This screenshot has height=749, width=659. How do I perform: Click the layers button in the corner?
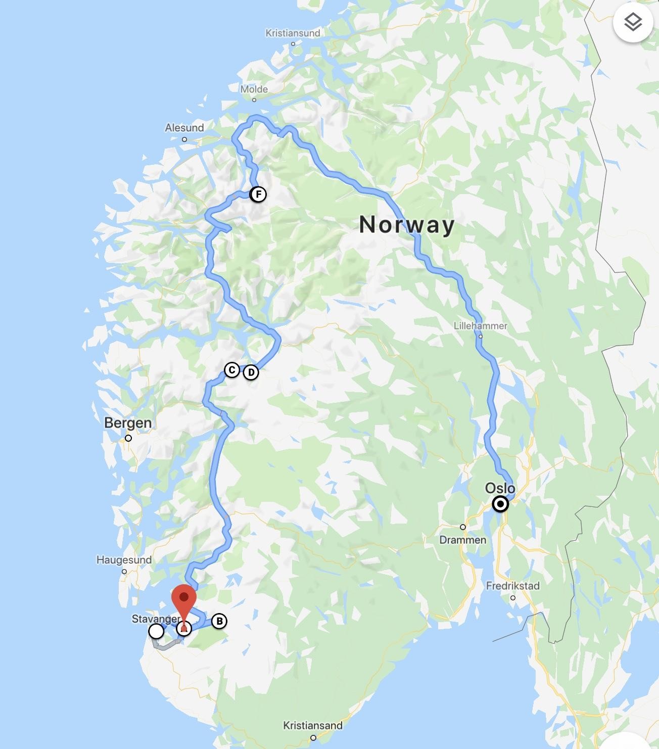point(633,22)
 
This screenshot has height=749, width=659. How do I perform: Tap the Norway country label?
point(407,224)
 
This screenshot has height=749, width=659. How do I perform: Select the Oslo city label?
point(500,488)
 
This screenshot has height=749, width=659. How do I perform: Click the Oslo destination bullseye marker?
point(500,504)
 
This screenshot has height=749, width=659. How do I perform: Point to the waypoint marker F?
point(258,194)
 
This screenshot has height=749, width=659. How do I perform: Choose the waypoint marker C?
point(232,370)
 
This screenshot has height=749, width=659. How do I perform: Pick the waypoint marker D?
point(251,372)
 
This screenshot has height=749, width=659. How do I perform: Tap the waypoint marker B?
point(219,621)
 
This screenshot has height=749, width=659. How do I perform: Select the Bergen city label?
point(128,423)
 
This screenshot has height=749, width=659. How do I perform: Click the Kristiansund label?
point(293,33)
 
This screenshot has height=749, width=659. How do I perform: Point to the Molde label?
point(254,89)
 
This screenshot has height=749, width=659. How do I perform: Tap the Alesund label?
point(184,128)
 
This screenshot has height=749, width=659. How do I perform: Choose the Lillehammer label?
point(480,325)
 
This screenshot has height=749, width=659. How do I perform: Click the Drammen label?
point(462,540)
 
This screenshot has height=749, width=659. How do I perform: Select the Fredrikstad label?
point(512,586)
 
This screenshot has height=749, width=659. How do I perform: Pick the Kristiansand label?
point(312,726)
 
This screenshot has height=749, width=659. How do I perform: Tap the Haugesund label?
point(124,560)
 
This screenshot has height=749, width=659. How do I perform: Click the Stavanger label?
point(155,619)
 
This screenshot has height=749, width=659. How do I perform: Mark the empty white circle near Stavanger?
point(157,631)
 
